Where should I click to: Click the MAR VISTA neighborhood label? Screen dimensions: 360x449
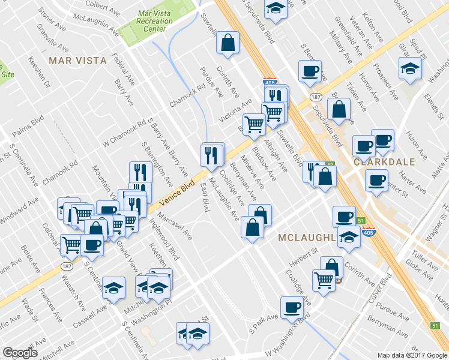click(x=77, y=61)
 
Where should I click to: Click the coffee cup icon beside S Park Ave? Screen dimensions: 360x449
click(x=293, y=307)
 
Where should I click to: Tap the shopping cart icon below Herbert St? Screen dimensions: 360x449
click(x=324, y=279)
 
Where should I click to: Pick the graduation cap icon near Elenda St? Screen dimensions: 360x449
click(x=410, y=67)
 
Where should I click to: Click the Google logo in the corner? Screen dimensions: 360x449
click(x=20, y=353)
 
